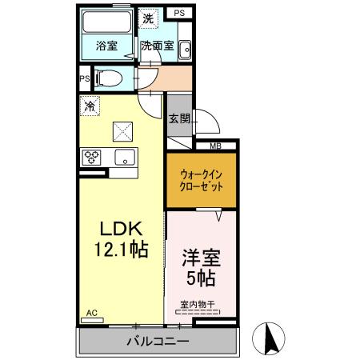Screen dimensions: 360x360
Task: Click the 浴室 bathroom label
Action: click(x=106, y=46)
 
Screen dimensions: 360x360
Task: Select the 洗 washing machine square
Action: click(x=148, y=18)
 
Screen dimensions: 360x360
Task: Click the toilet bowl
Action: click(x=108, y=78)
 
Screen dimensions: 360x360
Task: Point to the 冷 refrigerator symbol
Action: click(x=90, y=104)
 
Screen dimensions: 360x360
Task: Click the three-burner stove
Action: click(x=91, y=157)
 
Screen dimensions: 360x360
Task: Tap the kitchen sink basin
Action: click(x=124, y=157)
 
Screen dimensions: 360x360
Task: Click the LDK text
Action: click(x=120, y=227)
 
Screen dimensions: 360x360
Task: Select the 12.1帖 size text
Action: click(x=120, y=249)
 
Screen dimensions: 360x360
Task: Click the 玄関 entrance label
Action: click(x=178, y=118)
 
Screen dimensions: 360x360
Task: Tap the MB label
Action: click(x=215, y=146)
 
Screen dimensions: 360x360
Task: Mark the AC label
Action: click(x=91, y=314)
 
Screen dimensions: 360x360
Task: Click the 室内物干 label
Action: click(x=196, y=305)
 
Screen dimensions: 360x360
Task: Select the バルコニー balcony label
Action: click(x=157, y=342)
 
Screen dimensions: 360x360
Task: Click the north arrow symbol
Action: click(x=271, y=339)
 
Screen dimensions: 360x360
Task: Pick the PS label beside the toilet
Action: click(x=84, y=78)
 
